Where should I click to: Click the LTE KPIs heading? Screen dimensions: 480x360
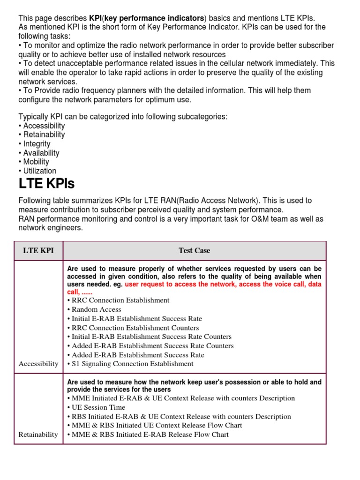tap(46, 183)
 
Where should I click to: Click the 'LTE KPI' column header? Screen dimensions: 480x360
tap(38, 251)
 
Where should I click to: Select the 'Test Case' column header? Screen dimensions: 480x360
tap(194, 251)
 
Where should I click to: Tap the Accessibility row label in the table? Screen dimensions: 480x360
tap(38, 364)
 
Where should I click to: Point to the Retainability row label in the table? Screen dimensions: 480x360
tap(38, 435)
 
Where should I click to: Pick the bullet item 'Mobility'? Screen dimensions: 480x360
tap(36, 162)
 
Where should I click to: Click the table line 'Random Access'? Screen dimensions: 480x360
tap(96, 309)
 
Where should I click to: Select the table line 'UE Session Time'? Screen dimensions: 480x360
tap(98, 407)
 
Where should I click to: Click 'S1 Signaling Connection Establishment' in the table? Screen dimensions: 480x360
tap(132, 364)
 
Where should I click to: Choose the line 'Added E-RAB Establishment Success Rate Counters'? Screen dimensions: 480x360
tap(152, 346)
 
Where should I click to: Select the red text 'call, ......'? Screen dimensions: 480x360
tap(80, 292)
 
